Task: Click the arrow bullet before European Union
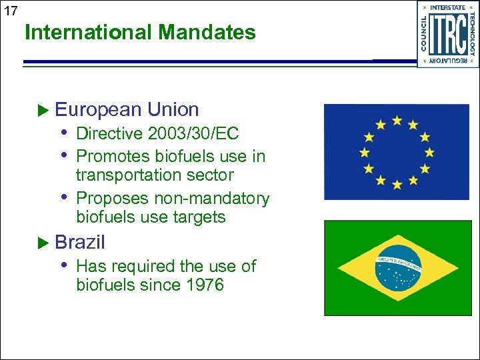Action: pyautogui.click(x=44, y=109)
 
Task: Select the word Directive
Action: pyautogui.click(x=109, y=134)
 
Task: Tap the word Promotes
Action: pyautogui.click(x=113, y=157)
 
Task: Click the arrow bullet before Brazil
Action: pyautogui.click(x=44, y=242)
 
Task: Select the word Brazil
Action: pyautogui.click(x=80, y=242)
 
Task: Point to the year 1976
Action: pyautogui.click(x=203, y=285)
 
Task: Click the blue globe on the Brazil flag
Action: pyautogui.click(x=398, y=268)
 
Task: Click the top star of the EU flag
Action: pyautogui.click(x=397, y=121)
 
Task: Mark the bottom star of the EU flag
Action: pyautogui.click(x=397, y=184)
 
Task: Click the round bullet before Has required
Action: pyautogui.click(x=65, y=265)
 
